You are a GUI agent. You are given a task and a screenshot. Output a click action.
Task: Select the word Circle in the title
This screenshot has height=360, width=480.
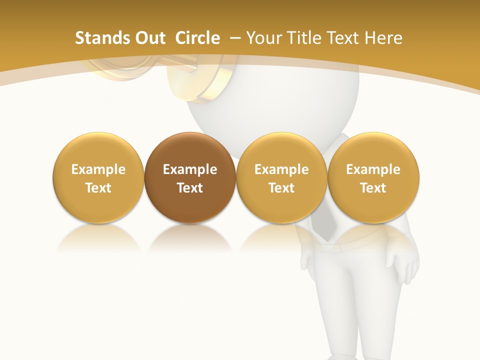click(197, 38)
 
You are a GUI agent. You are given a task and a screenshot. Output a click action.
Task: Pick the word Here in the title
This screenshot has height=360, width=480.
click(383, 38)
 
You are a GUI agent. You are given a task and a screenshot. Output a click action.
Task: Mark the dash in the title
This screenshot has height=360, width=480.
click(235, 38)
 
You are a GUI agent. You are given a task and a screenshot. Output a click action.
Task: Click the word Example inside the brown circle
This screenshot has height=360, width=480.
click(190, 169)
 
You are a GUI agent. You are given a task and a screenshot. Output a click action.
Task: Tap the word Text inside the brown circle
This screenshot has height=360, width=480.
click(190, 188)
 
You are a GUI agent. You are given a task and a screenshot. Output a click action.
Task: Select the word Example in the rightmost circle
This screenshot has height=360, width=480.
click(373, 169)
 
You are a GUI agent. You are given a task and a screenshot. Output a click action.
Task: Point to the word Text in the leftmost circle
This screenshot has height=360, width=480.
click(98, 188)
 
